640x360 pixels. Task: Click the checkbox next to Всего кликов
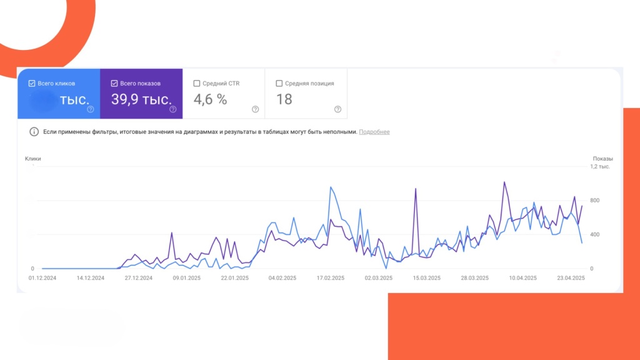[31, 83]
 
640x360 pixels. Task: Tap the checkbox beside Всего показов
[114, 83]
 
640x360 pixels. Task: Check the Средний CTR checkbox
[197, 83]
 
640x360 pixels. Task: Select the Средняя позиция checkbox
[279, 83]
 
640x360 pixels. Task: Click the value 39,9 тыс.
[141, 99]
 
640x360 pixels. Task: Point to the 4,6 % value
[210, 99]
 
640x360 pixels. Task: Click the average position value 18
[284, 99]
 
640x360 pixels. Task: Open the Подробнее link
[374, 132]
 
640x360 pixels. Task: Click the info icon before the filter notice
[34, 132]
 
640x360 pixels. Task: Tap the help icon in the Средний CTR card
[255, 109]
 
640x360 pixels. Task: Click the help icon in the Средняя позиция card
[337, 109]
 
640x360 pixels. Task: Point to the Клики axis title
[33, 159]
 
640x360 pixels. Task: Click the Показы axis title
[602, 159]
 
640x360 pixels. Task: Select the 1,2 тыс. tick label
[600, 167]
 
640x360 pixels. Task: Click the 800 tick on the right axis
[595, 201]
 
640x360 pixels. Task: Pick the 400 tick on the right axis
[595, 235]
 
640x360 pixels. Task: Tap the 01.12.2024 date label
[42, 278]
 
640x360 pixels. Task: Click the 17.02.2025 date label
[331, 278]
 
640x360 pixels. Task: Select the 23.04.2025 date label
[571, 278]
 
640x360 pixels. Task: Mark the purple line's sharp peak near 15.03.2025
[416, 189]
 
